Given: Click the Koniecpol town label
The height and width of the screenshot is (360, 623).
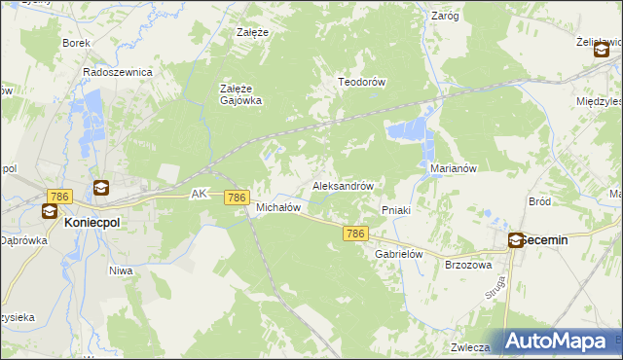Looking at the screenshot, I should (92, 223).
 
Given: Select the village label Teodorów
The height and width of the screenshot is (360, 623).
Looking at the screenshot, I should (362, 83).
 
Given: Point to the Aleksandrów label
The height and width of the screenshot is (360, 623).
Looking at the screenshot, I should (343, 185).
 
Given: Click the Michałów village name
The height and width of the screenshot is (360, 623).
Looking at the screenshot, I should (277, 207).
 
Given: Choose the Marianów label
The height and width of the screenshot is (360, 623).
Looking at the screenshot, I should (453, 168).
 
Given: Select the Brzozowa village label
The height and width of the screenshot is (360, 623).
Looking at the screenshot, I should (468, 265).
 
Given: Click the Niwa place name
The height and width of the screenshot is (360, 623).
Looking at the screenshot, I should (121, 270).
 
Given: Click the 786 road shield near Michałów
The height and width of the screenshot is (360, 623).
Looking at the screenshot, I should (236, 198).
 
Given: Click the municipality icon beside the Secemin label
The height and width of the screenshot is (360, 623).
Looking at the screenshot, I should (515, 239).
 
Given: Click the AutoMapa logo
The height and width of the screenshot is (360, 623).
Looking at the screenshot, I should (556, 341).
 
